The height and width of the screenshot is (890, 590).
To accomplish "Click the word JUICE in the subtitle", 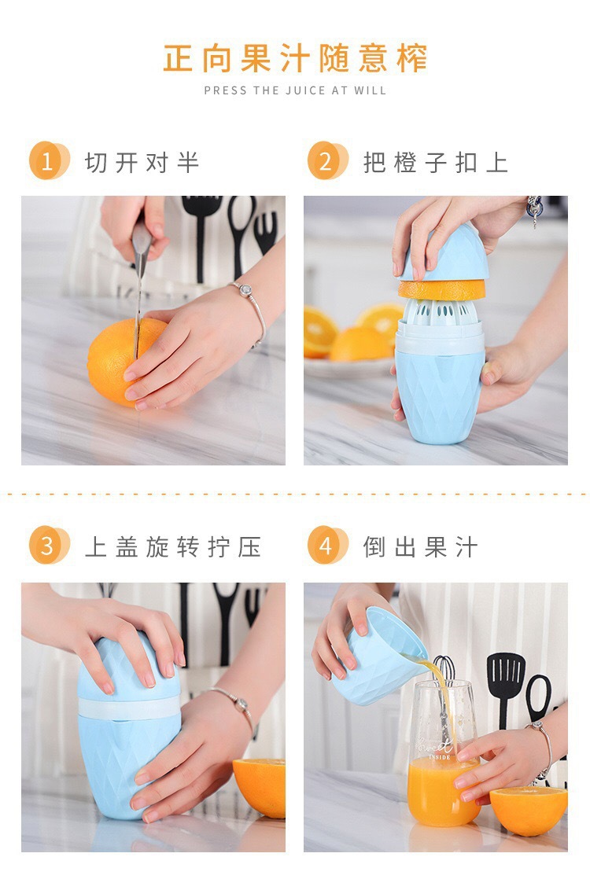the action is tap(305, 90).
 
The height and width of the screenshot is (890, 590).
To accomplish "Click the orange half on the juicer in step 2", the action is tap(442, 289).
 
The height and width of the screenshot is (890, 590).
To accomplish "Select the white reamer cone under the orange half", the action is tap(440, 311).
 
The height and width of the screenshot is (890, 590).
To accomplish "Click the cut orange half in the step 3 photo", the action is tap(260, 787).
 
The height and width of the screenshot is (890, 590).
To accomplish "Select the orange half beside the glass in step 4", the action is tap(529, 810).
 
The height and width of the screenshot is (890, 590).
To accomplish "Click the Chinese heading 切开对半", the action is tap(142, 163).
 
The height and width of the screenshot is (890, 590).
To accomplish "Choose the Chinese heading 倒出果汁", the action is tap(420, 547).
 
